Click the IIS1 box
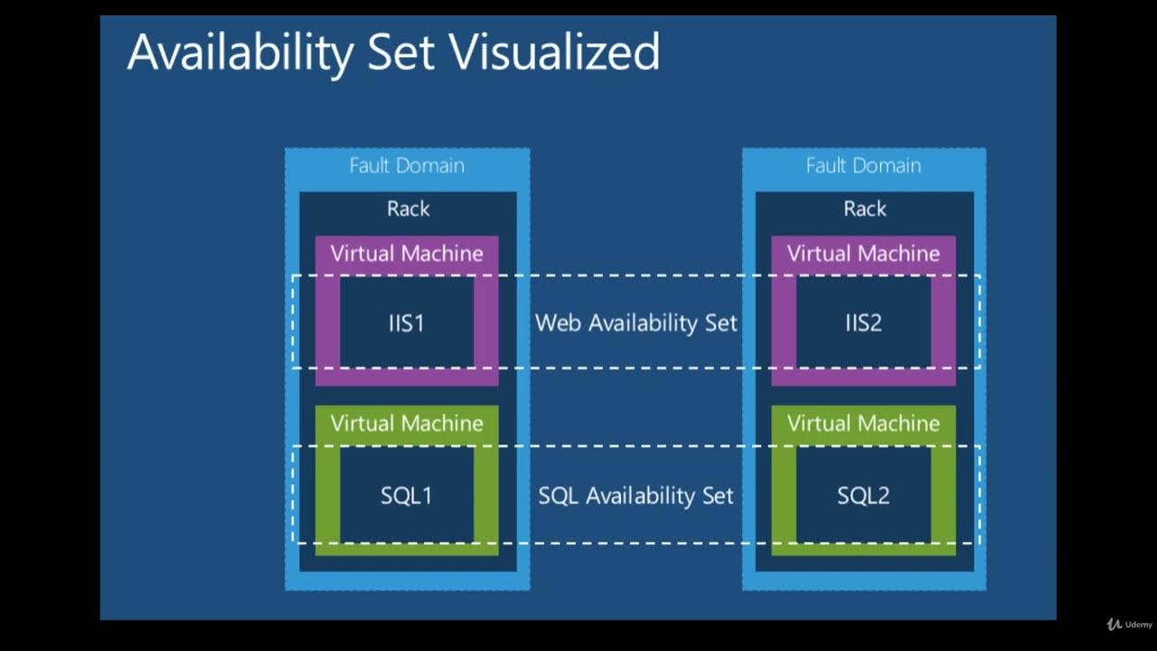[x=407, y=323]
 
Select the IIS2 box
[x=863, y=323]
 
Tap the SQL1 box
[x=407, y=495]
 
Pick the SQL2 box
[x=863, y=495]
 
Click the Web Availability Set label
[x=636, y=323]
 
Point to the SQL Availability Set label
[x=636, y=495]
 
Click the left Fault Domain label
[x=407, y=165]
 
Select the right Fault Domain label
[x=863, y=165]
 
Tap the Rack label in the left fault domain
[x=408, y=209]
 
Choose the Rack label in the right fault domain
[x=864, y=209]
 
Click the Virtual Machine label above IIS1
[x=407, y=253]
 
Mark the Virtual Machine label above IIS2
[x=863, y=253]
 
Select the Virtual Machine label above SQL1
[x=407, y=423]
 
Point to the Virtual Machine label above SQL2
[x=863, y=423]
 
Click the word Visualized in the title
[x=554, y=52]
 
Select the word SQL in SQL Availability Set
[x=560, y=495]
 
